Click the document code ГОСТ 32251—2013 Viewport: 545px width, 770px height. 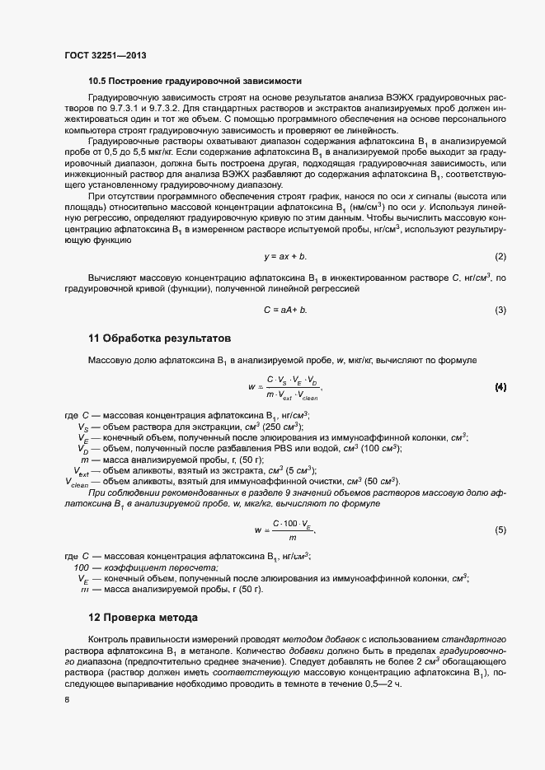coord(106,55)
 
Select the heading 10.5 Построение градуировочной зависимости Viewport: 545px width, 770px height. coord(195,81)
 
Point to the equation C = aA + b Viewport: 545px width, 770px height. coord(285,310)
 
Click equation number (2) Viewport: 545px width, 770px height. coord(500,257)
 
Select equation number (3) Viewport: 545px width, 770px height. coord(500,310)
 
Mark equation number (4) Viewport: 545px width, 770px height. coord(500,386)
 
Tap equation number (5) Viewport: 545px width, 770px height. coord(500,530)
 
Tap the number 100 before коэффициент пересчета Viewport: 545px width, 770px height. coord(82,567)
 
